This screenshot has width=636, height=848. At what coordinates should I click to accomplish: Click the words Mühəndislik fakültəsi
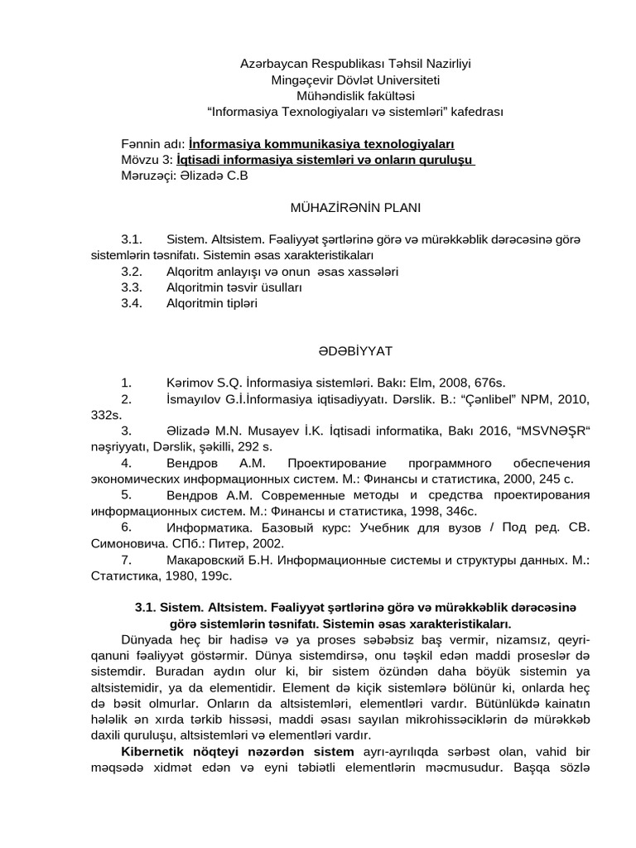356,96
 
